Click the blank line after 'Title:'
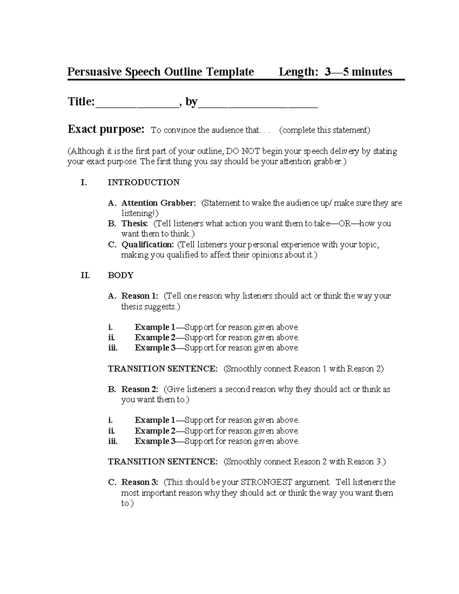(137, 103)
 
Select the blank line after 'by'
(258, 103)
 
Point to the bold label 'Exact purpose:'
(106, 130)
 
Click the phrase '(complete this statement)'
(325, 130)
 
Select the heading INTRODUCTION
(143, 182)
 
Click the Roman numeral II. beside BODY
(85, 275)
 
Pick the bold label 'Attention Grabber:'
(158, 203)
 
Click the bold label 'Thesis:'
(134, 224)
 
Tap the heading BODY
(120, 275)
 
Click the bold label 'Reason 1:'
(139, 296)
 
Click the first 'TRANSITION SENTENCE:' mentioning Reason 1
(163, 369)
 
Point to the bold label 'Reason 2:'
(139, 389)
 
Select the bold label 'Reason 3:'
(139, 482)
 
